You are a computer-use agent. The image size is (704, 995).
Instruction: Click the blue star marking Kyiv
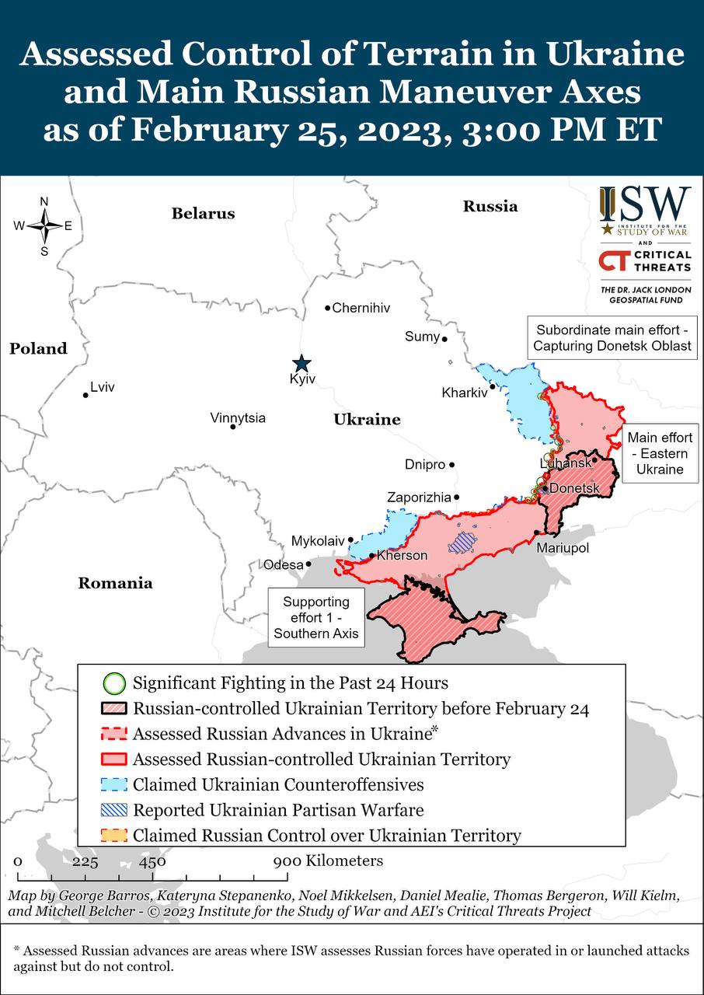(x=301, y=363)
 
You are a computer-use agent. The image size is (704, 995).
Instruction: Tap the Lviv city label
(x=103, y=387)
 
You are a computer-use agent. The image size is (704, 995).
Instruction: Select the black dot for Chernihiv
(x=328, y=308)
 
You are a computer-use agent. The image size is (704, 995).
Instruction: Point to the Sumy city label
(x=422, y=337)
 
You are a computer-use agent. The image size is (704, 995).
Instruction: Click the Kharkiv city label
(x=464, y=393)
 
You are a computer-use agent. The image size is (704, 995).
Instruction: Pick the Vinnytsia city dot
(x=232, y=426)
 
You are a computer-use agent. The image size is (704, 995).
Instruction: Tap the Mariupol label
(x=563, y=549)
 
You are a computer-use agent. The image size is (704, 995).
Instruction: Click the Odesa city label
(x=284, y=565)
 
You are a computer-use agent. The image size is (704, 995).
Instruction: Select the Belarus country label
(x=203, y=213)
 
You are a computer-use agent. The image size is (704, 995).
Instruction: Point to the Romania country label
(x=115, y=583)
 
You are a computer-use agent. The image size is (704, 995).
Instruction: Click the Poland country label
(x=38, y=348)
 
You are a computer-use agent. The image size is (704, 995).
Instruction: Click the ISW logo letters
(x=644, y=204)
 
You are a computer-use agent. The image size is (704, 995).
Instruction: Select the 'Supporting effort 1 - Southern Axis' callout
(x=315, y=618)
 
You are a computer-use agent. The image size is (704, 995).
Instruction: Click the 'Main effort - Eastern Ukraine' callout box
(x=660, y=453)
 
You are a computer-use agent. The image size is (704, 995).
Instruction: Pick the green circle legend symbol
(x=114, y=684)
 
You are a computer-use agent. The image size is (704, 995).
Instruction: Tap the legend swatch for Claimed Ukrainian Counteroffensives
(x=114, y=784)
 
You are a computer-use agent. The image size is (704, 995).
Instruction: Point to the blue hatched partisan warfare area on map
(x=464, y=542)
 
